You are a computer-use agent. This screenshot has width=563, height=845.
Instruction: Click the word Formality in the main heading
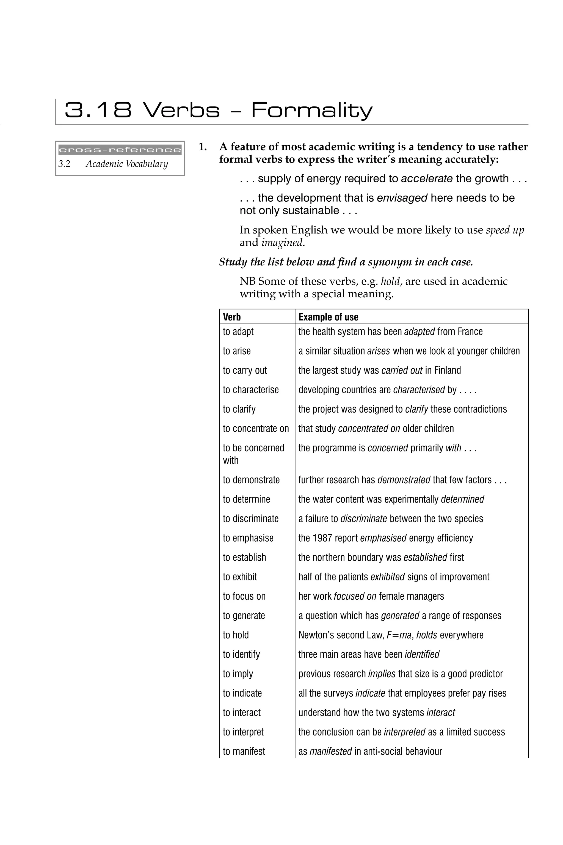[312, 110]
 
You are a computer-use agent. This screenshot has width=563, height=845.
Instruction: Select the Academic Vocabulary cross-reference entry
[126, 164]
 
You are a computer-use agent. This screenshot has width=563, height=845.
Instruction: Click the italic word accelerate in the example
[427, 179]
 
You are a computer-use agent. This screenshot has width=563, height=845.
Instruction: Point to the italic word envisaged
[402, 198]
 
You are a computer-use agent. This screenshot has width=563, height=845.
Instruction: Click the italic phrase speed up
[504, 230]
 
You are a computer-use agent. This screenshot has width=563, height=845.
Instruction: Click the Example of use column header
[328, 317]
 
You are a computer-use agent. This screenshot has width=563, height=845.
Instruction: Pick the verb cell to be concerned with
[253, 454]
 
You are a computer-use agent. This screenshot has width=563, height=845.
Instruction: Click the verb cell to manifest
[244, 751]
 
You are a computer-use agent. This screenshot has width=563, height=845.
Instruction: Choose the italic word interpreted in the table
[404, 732]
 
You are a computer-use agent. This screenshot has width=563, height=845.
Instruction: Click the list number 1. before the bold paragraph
[203, 147]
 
